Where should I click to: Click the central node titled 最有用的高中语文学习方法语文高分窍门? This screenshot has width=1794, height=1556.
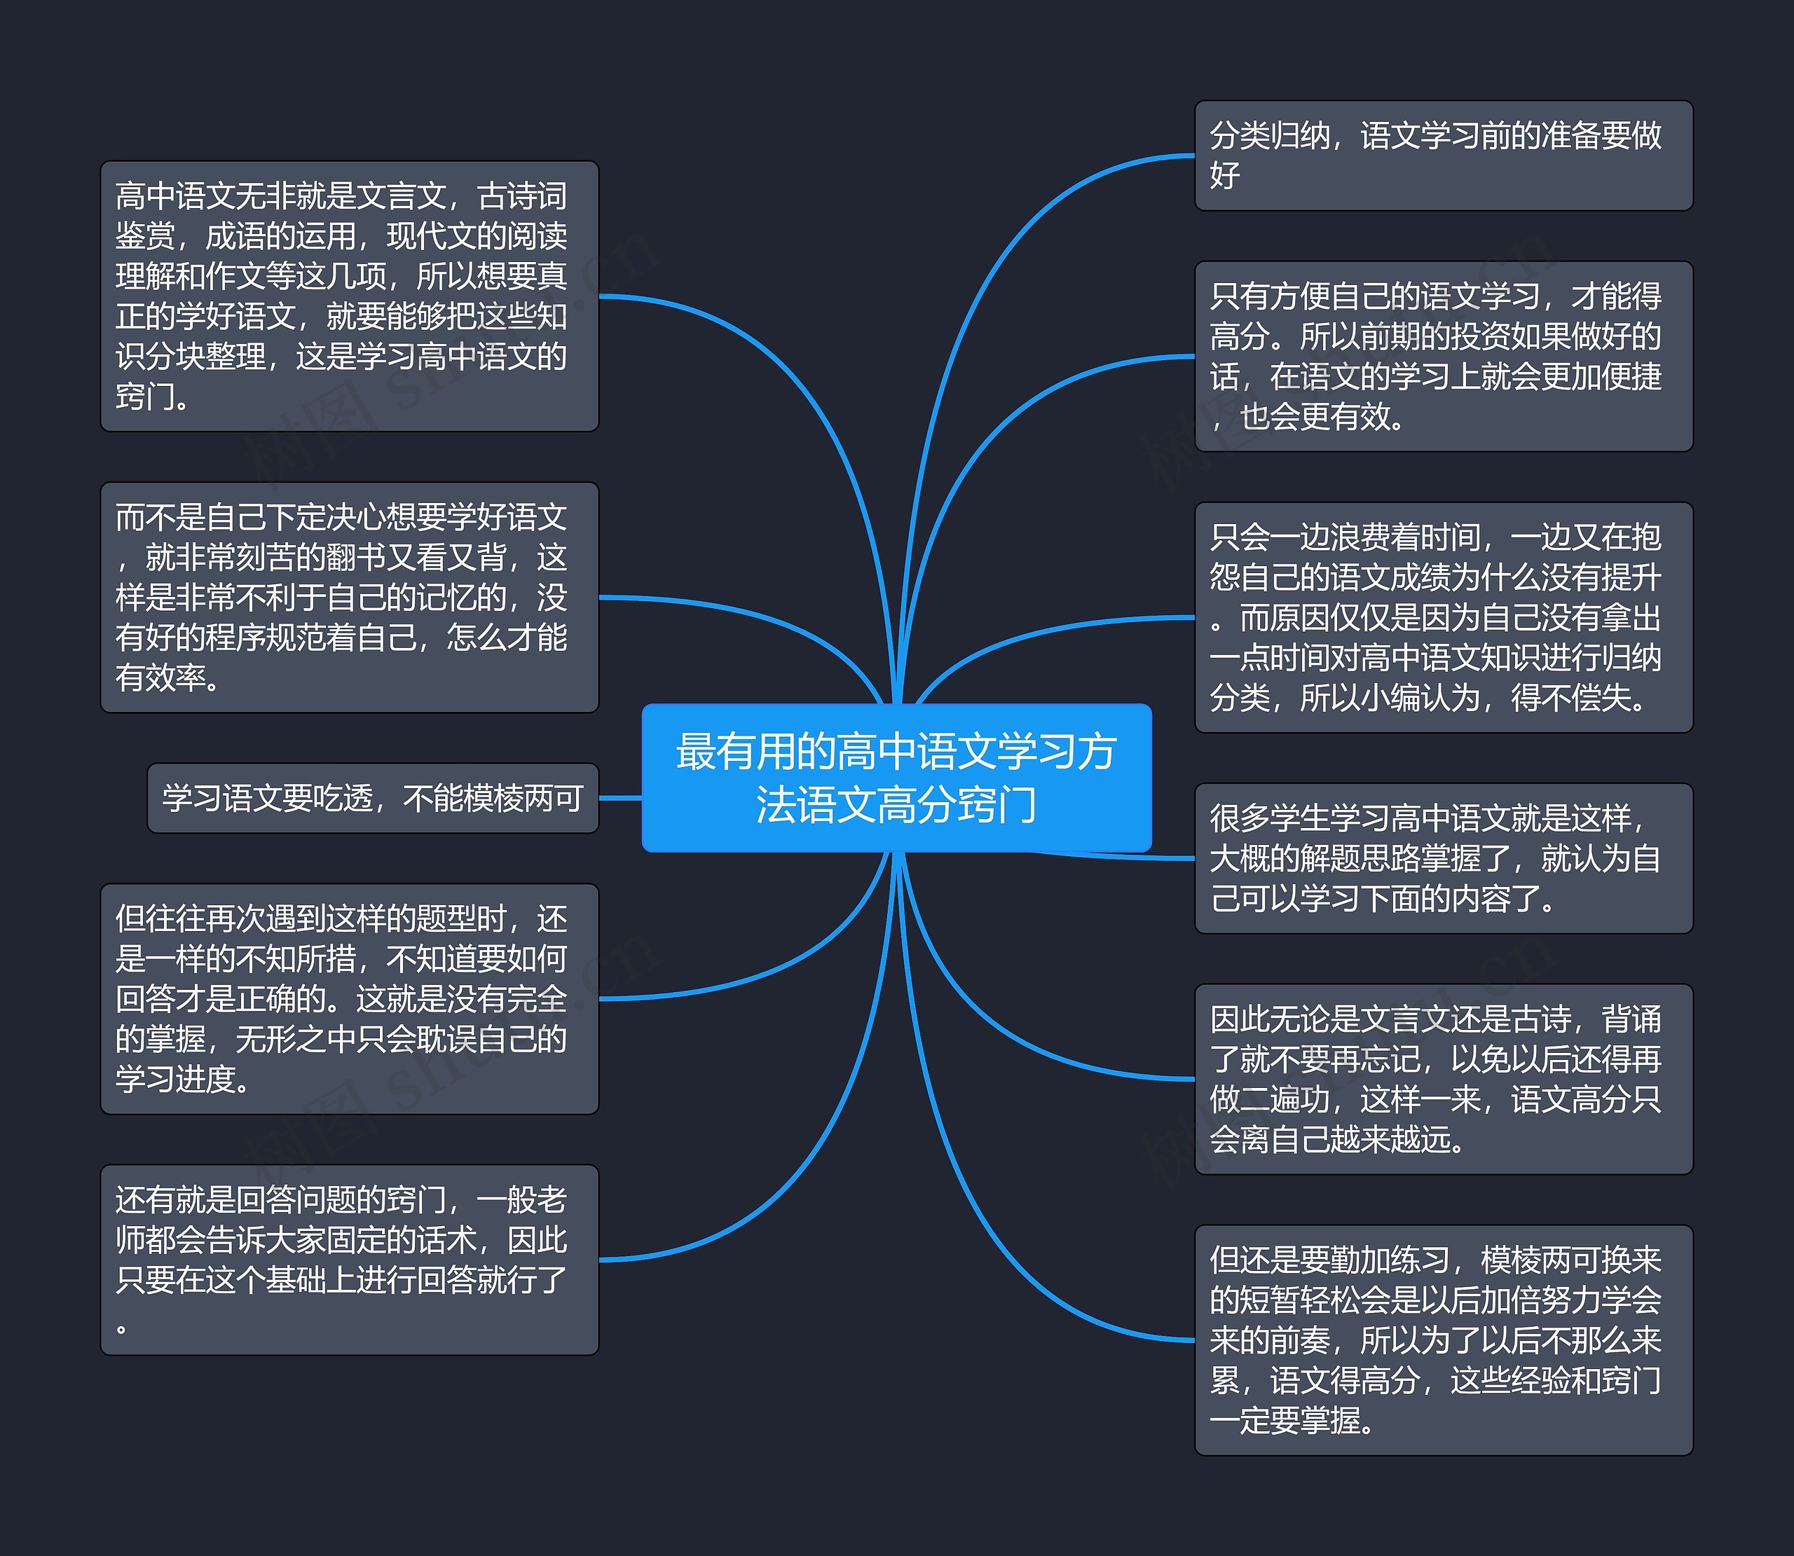point(896,777)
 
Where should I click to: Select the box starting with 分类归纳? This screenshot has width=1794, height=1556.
point(1443,156)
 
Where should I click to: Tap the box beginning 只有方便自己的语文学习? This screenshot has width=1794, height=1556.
point(1443,356)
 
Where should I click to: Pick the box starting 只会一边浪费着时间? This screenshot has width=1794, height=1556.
point(1443,617)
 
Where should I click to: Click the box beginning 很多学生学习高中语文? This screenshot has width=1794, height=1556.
point(1443,858)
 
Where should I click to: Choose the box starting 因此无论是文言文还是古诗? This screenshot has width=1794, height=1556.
point(1443,1078)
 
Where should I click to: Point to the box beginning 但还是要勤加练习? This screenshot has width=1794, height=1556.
point(1443,1340)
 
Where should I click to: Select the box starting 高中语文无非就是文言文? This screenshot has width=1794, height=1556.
point(349,296)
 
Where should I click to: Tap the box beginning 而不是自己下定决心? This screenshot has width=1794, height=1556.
point(349,598)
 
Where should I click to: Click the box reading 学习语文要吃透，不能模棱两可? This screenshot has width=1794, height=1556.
point(373,798)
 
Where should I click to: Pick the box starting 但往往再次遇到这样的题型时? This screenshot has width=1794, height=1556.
point(349,998)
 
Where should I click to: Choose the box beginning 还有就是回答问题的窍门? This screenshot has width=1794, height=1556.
point(349,1260)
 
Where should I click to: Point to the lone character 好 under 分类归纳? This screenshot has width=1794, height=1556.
point(1225,175)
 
